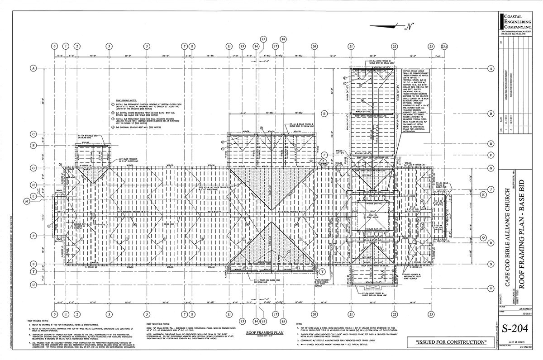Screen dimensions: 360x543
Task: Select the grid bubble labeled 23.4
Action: point(445,46)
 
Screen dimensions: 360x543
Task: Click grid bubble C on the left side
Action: point(33,134)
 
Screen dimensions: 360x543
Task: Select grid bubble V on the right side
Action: point(491,288)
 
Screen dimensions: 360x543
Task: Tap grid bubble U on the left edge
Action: point(33,284)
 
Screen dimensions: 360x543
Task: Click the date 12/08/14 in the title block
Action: point(526,312)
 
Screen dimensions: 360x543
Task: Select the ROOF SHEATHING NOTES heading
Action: point(158,324)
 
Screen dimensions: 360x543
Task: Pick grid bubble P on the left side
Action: point(33,236)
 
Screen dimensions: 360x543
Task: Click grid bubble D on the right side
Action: point(491,144)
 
